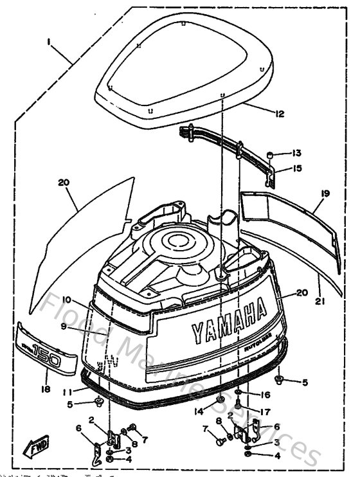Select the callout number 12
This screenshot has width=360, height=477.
(279, 114)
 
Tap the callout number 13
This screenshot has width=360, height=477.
(296, 154)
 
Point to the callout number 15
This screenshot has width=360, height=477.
(296, 169)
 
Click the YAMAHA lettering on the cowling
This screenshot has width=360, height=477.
(228, 321)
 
